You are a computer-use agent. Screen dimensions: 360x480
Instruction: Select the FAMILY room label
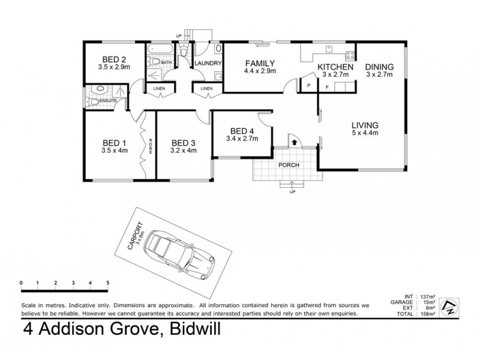[259, 63]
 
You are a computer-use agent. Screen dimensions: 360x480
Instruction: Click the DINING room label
[379, 67]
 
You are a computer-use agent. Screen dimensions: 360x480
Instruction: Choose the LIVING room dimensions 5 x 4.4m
[365, 133]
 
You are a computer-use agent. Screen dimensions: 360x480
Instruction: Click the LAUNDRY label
[208, 64]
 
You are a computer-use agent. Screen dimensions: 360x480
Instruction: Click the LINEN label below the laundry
[206, 89]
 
